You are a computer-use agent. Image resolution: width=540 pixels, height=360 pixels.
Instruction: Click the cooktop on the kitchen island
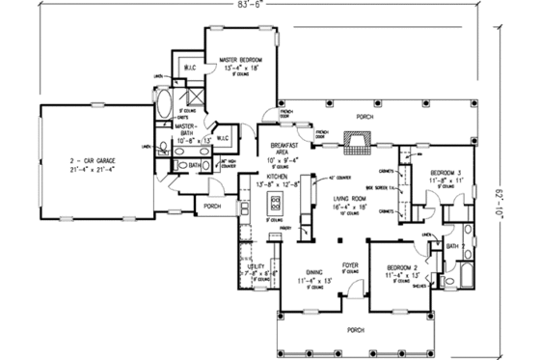point(276,204)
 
